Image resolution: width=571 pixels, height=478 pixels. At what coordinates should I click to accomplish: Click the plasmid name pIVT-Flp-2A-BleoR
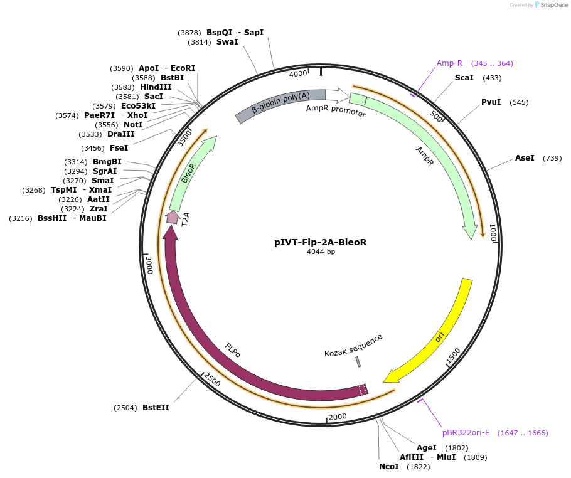tap(320, 242)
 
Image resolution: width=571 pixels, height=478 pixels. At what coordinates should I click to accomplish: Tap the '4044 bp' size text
tap(320, 252)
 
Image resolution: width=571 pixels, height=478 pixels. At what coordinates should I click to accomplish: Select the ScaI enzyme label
tap(464, 78)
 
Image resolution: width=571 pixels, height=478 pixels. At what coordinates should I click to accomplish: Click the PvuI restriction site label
tap(491, 102)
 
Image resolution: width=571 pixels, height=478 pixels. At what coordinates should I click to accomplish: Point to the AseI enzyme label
tap(525, 158)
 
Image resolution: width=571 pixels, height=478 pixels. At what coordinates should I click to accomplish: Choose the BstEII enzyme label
tap(156, 408)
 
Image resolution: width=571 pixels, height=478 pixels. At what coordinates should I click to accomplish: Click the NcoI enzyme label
tap(388, 467)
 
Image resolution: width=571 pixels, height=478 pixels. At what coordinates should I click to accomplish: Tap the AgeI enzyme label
tap(427, 448)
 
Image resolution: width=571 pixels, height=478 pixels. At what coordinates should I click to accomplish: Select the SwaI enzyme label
tap(227, 42)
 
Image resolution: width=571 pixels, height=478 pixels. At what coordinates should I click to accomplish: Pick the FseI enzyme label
tap(119, 148)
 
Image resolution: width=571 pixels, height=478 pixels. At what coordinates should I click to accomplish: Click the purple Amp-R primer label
tap(449, 63)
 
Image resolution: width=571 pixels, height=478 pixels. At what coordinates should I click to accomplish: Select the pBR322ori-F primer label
tap(466, 433)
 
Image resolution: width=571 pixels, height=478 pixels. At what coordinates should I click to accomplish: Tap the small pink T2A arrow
tap(173, 217)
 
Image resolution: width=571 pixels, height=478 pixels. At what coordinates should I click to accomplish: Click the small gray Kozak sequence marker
tap(358, 362)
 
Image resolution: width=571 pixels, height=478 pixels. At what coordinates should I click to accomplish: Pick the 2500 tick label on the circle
tap(213, 380)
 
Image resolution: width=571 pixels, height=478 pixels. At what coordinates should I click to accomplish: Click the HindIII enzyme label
tap(156, 87)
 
